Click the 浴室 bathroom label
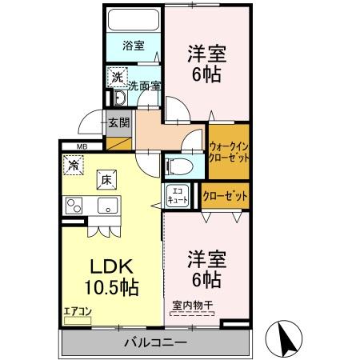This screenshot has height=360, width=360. (x=134, y=46)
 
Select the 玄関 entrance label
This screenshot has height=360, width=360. (x=119, y=123)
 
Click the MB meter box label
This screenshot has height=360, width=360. (x=82, y=146)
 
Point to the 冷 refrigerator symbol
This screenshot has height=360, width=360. (x=74, y=166)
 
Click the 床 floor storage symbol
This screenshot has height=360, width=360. (x=106, y=181)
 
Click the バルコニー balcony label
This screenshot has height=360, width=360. (x=155, y=342)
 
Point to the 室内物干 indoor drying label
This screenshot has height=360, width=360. (x=193, y=304)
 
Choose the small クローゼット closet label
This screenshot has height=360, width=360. (x=225, y=195)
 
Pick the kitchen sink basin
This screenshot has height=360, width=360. (x=106, y=206)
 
